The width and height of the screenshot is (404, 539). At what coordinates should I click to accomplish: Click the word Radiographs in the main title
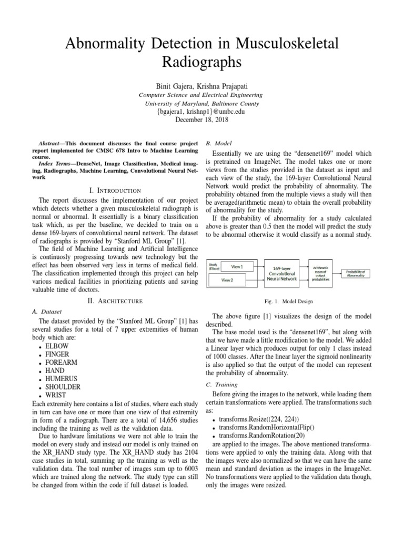[x=202, y=63]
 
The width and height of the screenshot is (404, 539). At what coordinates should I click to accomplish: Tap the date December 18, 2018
[x=202, y=119]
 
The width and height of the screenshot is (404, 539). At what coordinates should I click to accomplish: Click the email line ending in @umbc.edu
[x=202, y=112]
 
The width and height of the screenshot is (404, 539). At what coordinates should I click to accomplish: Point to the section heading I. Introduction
[x=115, y=190]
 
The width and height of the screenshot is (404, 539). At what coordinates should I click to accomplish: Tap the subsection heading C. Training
[x=219, y=384]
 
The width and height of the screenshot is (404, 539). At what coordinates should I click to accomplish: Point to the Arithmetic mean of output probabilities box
[x=321, y=273]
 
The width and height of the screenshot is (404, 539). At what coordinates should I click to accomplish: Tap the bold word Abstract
[x=52, y=143]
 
